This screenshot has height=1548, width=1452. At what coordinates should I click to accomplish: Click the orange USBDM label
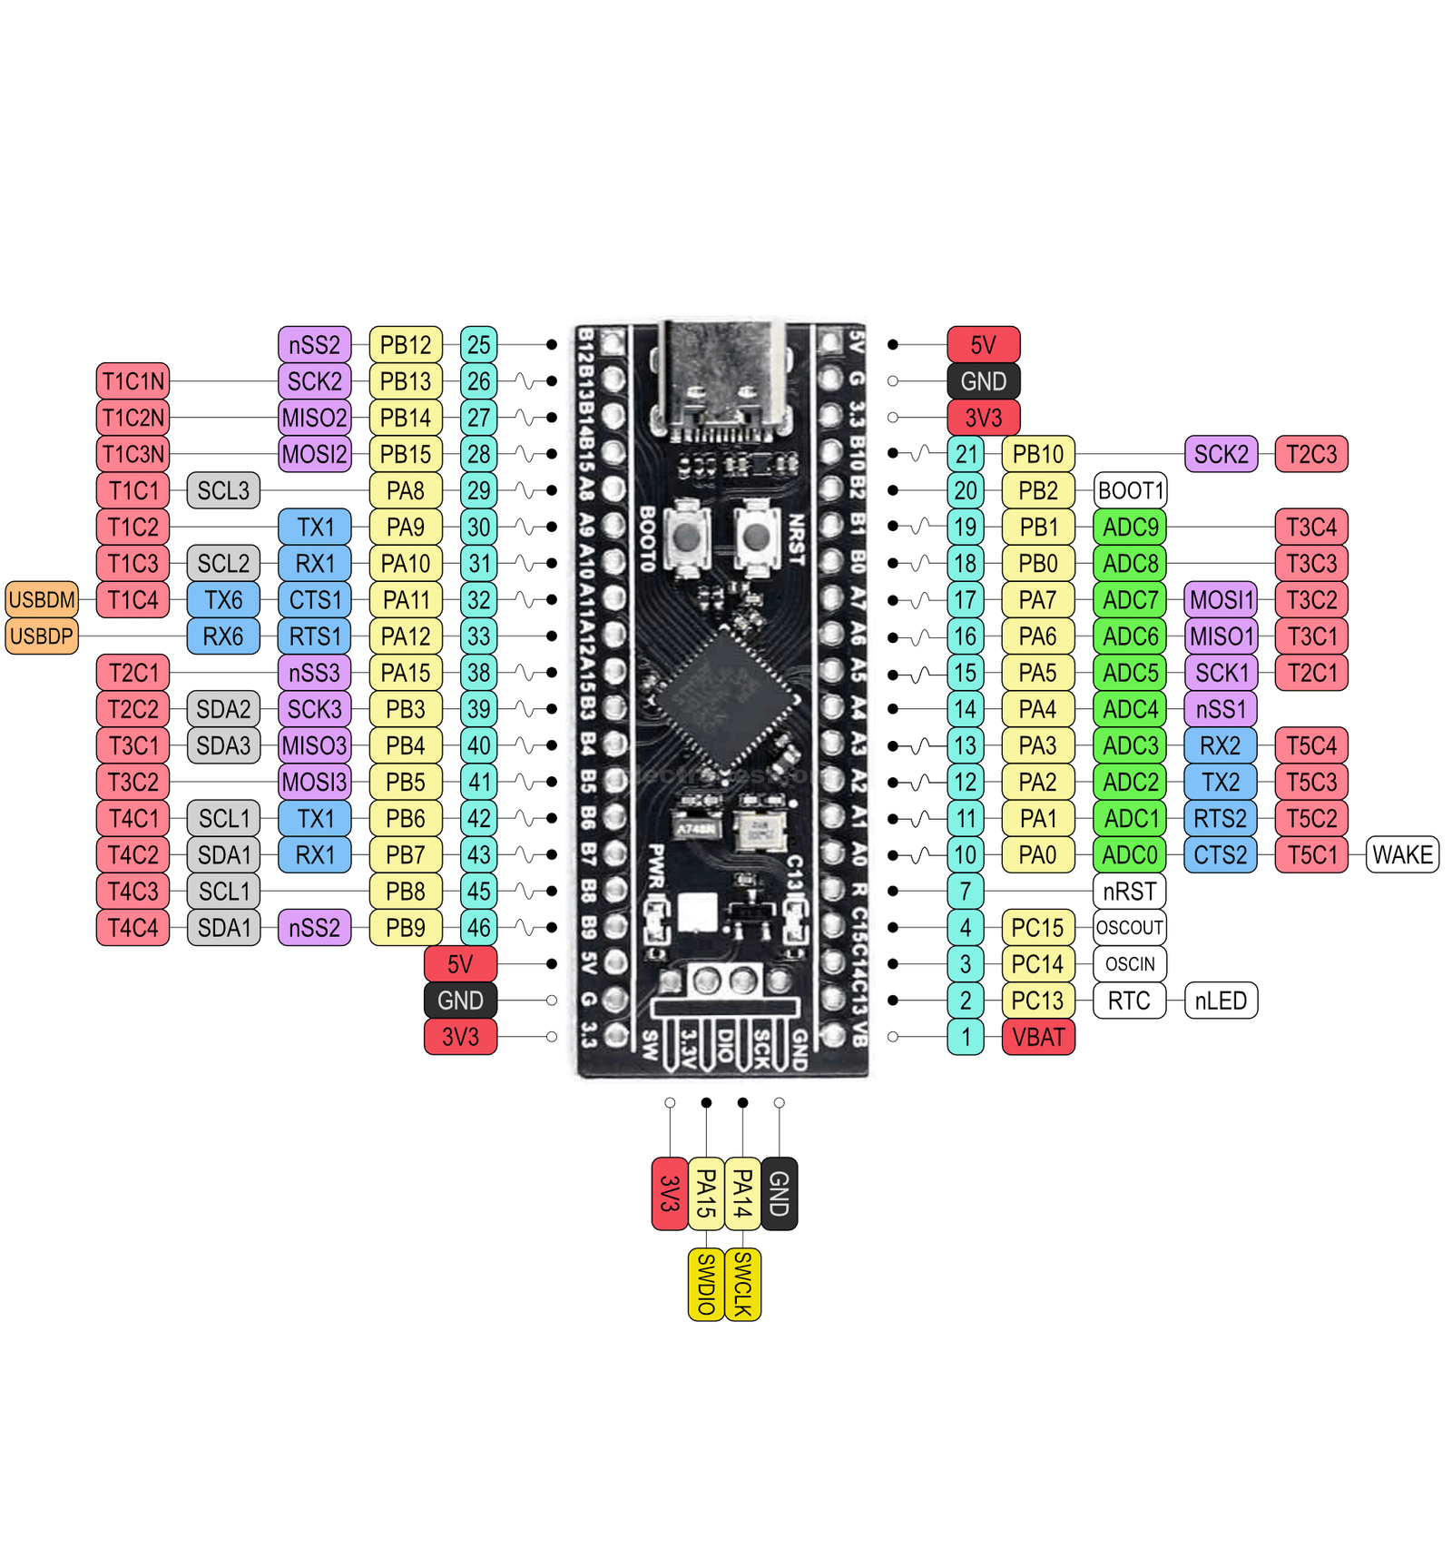[x=42, y=600]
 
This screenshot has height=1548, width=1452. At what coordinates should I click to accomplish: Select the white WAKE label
[x=1402, y=855]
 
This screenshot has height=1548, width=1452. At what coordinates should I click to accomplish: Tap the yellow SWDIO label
[x=706, y=1285]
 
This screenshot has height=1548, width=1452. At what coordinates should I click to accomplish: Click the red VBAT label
[x=1038, y=1037]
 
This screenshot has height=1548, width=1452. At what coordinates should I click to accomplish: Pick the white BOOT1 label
[x=1130, y=491]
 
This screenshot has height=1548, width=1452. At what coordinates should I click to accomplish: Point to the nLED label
[x=1221, y=1001]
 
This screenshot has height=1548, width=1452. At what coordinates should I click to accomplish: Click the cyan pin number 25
[x=478, y=345]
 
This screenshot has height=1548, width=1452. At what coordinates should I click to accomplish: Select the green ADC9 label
[x=1130, y=528]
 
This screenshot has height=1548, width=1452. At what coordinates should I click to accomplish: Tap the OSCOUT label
[x=1129, y=928]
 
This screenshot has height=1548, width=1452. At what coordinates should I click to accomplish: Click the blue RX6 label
[x=223, y=636]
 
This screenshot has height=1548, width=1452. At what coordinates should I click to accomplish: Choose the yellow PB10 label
[x=1038, y=454]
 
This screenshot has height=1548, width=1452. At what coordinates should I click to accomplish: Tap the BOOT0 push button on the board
[x=687, y=537]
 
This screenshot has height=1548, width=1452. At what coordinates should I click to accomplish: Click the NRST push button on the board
[x=756, y=537]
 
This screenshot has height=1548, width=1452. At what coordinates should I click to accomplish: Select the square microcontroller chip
[x=727, y=700]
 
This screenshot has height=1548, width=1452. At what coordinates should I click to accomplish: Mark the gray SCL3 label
[x=223, y=491]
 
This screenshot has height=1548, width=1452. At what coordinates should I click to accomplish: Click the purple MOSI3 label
[x=314, y=783]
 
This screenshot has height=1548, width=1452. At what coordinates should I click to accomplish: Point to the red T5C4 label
[x=1311, y=746]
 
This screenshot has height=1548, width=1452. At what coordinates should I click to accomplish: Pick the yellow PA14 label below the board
[x=742, y=1194]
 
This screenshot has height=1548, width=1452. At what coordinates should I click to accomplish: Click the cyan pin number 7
[x=966, y=892]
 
